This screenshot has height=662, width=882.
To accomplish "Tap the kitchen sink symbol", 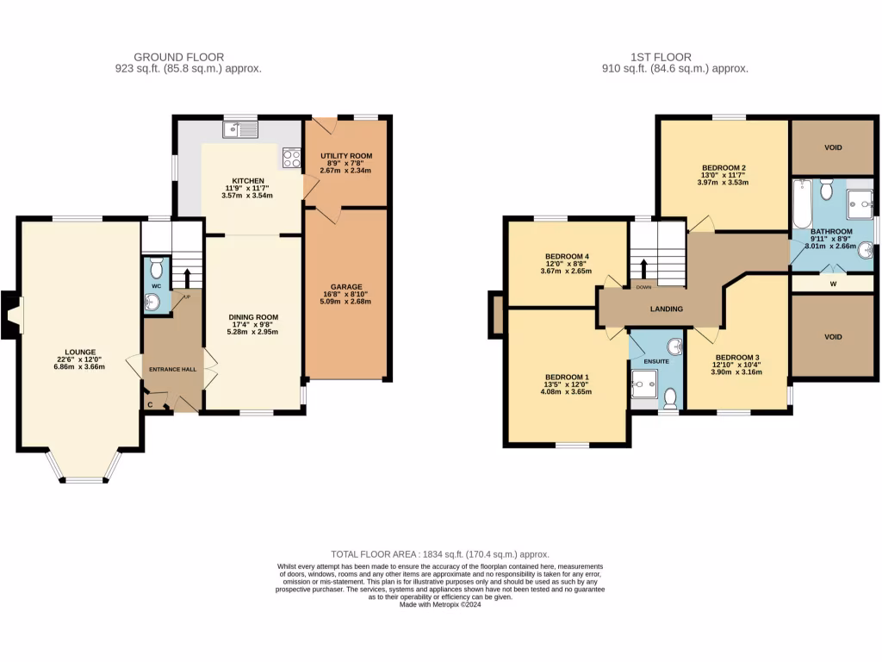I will tap(239, 130).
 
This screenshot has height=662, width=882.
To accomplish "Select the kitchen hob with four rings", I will tap(291, 158).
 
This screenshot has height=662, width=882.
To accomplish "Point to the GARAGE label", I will tap(347, 287).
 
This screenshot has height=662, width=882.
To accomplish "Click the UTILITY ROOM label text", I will tap(345, 155).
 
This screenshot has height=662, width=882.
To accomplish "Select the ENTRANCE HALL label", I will tap(172, 369).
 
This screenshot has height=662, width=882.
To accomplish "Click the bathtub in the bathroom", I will tap(801, 203).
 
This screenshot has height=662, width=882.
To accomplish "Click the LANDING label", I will tap(666, 309).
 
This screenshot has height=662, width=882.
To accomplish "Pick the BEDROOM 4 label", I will tap(567, 257).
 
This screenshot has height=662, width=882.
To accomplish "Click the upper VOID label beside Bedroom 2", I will tap(832, 147).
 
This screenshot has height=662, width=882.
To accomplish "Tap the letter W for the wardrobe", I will tap(832, 282).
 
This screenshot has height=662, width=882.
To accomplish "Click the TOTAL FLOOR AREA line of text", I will tap(440, 554).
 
